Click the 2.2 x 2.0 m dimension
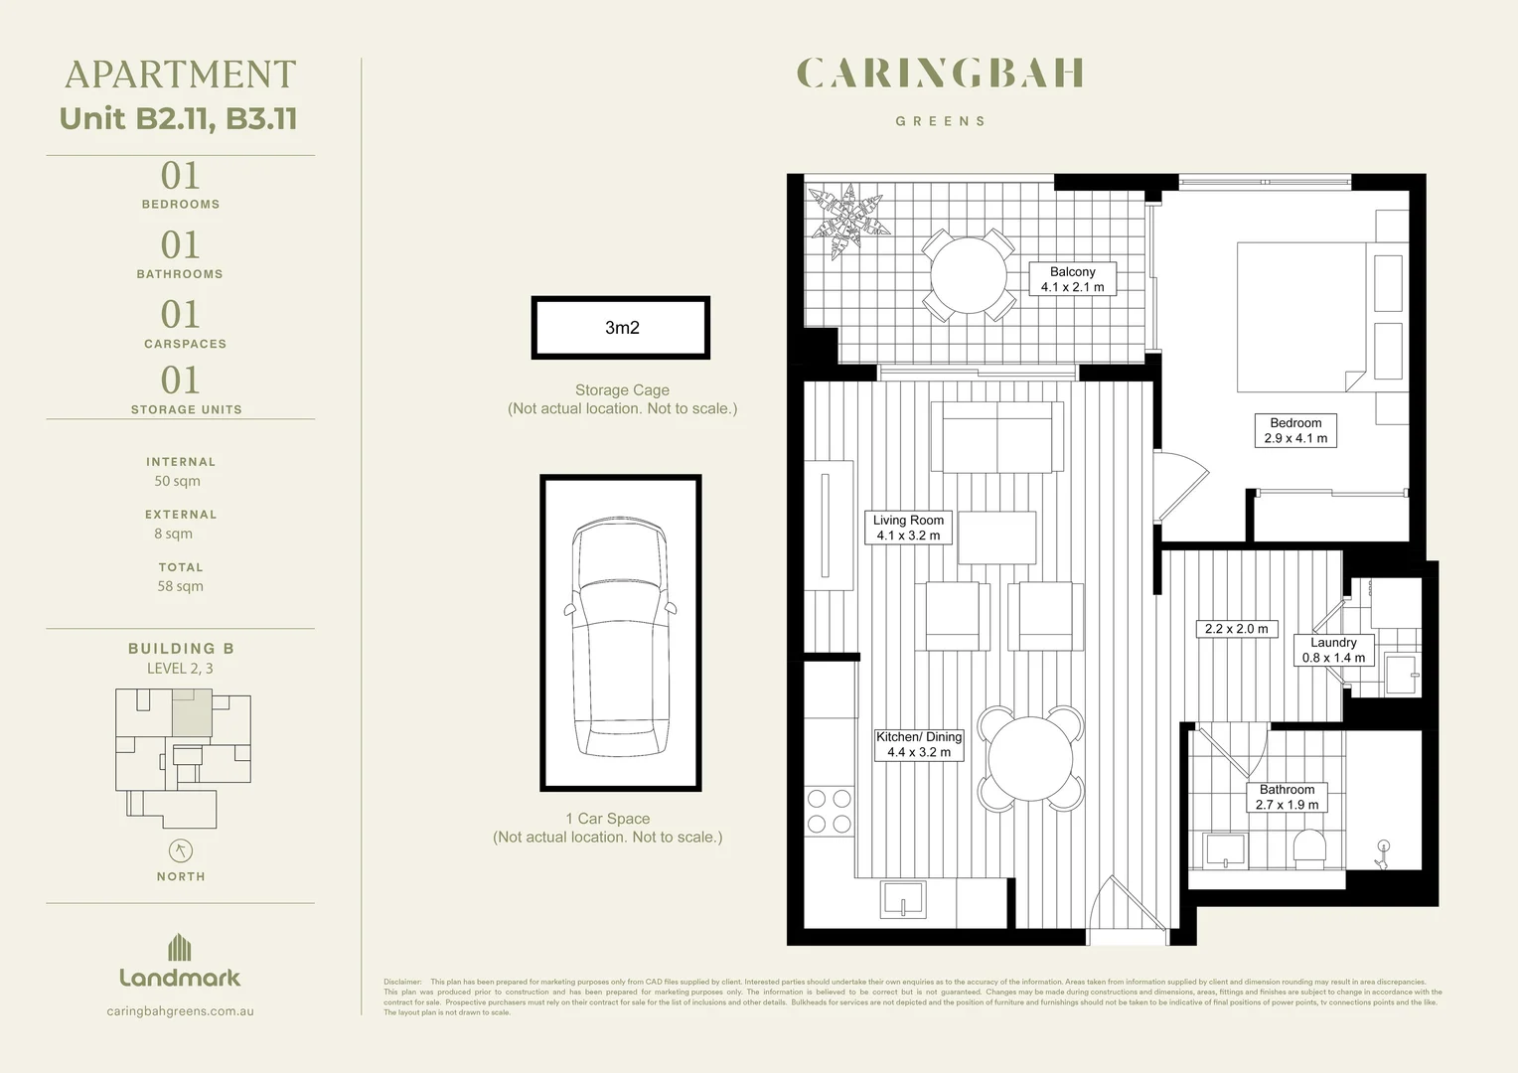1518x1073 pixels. point(1236,629)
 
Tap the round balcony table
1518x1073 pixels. point(968,275)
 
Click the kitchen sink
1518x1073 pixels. point(903,899)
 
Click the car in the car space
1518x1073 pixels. point(620,636)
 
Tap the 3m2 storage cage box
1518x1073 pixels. point(621,328)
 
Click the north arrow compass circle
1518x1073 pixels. point(180,850)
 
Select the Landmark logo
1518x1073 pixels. point(180,962)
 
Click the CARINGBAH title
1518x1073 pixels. point(940,74)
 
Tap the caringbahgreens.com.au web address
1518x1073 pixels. point(180,1011)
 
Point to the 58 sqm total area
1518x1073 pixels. point(180,586)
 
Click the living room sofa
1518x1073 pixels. point(996,436)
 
